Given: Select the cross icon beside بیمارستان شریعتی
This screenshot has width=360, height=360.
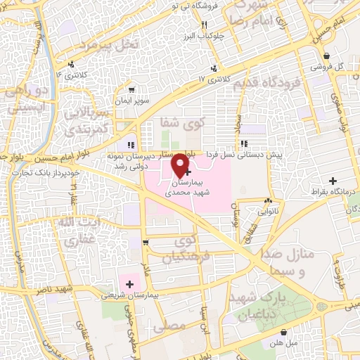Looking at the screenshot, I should tap(129, 283).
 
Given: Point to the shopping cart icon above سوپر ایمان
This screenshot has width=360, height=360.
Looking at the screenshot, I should tap(132, 90).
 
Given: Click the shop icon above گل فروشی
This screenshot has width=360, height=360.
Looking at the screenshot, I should tap(326, 56).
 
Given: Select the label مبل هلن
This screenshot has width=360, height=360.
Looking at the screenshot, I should tap(283, 344).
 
